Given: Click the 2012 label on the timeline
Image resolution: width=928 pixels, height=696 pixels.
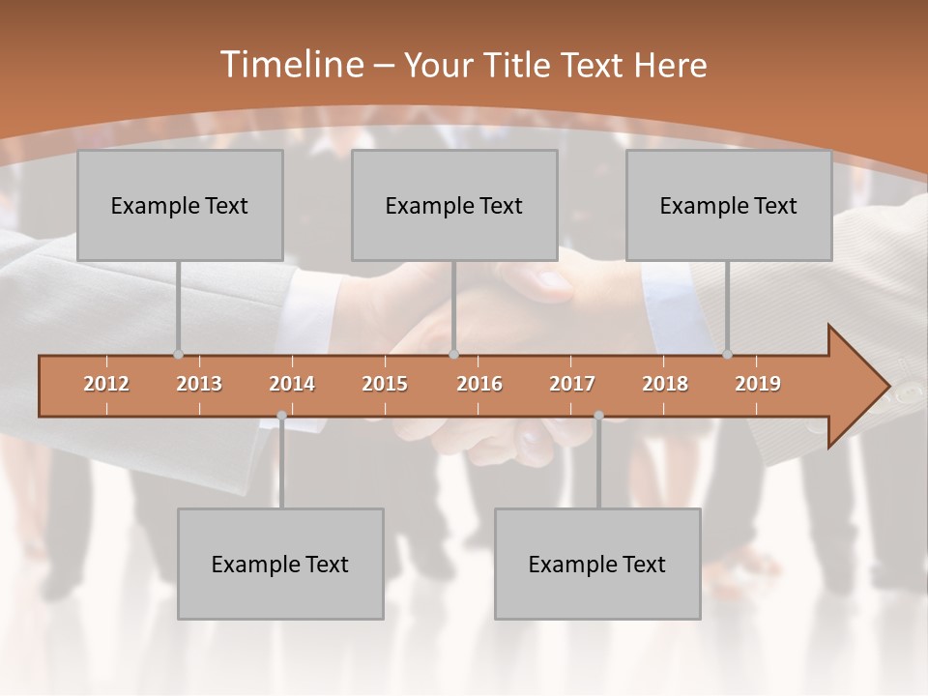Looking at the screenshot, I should [x=106, y=384].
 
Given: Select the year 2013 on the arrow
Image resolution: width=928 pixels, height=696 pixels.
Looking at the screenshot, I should [x=199, y=384].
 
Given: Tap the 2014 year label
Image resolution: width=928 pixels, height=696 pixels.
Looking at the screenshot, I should [x=292, y=384].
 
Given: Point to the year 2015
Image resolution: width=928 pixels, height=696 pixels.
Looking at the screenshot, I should [x=385, y=384].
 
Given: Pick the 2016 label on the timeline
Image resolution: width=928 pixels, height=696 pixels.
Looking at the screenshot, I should [x=479, y=384].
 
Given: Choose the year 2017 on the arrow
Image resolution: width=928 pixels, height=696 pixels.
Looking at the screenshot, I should [x=572, y=384].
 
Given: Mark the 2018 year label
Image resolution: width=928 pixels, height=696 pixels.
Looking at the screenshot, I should [x=665, y=384].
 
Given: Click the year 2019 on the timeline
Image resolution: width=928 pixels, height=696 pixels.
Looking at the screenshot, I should [x=758, y=384].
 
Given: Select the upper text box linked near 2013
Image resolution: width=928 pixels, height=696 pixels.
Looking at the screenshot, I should [x=180, y=205].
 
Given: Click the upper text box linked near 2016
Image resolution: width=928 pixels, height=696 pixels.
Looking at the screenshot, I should [x=454, y=205].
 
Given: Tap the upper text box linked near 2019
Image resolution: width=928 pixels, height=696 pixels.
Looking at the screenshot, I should [x=729, y=205].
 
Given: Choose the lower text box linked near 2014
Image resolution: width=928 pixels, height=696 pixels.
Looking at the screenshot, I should [x=280, y=564].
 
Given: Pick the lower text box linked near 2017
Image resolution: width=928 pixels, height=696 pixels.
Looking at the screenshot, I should [x=597, y=564].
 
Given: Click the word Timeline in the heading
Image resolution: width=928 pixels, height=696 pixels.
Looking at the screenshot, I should [x=290, y=64].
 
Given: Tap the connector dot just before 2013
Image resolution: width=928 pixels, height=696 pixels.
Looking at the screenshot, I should [x=178, y=355].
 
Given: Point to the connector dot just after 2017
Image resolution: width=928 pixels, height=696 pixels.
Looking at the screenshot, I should [x=598, y=416].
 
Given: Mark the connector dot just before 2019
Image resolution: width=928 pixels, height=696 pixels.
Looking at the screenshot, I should [x=727, y=355].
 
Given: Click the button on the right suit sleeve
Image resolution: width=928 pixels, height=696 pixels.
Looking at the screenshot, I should [x=909, y=392].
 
